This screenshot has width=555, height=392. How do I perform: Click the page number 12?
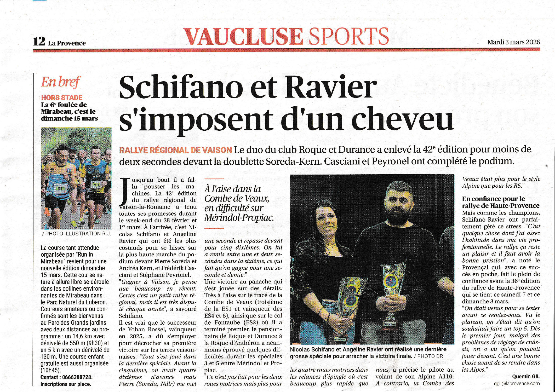pyautogui.click(x=39, y=42)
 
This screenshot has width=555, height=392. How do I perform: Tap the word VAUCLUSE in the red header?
pyautogui.click(x=243, y=37)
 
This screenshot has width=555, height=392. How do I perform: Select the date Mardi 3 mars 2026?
pyautogui.click(x=513, y=42)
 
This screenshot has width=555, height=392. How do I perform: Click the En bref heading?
pyautogui.click(x=61, y=82)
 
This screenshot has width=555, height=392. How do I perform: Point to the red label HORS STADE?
pyautogui.click(x=62, y=98)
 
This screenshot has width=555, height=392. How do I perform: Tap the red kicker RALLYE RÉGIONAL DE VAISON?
pyautogui.click(x=175, y=150)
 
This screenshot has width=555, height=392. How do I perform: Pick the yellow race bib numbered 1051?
pyautogui.click(x=60, y=188)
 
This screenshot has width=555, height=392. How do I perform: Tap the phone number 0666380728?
pyautogui.click(x=76, y=377)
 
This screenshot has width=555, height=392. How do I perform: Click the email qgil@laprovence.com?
pyautogui.click(x=517, y=383)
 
